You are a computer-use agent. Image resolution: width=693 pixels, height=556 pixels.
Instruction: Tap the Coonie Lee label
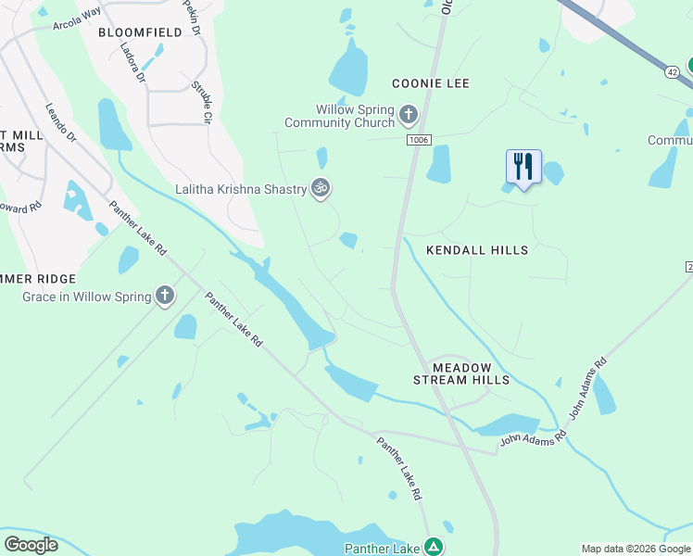coord(431,83)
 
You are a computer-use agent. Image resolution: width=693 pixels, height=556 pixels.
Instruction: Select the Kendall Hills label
coord(477,250)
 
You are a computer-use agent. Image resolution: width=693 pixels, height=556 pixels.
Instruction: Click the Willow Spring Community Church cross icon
coord(409,116)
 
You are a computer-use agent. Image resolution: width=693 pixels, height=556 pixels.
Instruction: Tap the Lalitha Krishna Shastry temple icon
coord(321,189)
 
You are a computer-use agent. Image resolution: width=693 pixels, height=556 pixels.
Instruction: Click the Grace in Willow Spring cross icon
coord(165,297)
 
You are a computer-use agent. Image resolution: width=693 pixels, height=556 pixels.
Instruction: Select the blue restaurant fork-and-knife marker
coord(523,167)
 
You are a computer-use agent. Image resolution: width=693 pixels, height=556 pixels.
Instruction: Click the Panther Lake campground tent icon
coord(433,548)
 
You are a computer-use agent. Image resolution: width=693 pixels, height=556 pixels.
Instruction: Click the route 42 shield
coord(673,70)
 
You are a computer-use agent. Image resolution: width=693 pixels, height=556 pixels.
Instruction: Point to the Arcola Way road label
coord(78,16)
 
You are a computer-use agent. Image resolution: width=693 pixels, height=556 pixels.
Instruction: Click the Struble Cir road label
coord(201,101)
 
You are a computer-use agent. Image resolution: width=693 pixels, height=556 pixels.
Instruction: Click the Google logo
coord(31,545)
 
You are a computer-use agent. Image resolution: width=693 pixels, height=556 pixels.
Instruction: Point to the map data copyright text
coord(635,549)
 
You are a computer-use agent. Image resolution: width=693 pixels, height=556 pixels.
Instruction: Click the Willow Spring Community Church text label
coord(339,116)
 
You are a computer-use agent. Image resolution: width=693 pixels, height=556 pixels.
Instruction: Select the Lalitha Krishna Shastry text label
coord(242,190)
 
